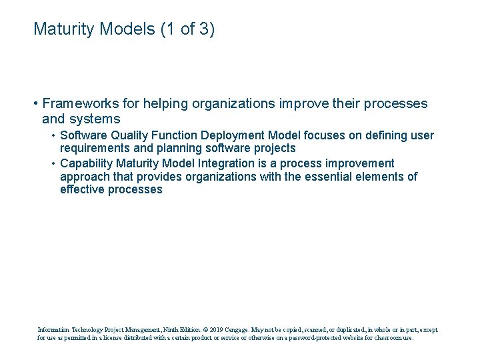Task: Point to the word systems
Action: click(97, 119)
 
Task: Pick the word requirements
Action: click(93, 149)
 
